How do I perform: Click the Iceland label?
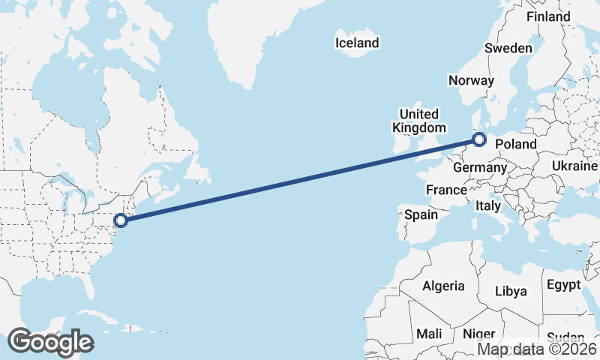tap(357, 43)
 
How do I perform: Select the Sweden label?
tap(508, 48)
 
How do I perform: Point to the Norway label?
tap(471, 80)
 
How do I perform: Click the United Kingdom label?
tap(418, 121)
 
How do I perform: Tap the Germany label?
tap(480, 167)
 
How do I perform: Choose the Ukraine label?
tap(574, 166)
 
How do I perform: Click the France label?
tap(446, 190)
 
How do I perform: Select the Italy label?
tap(488, 205)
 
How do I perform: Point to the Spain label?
tap(421, 214)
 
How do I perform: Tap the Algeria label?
tap(443, 286)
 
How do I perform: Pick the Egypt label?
tap(563, 285)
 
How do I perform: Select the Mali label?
tap(429, 334)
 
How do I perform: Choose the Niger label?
tap(478, 334)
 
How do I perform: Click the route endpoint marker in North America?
tap(121, 220)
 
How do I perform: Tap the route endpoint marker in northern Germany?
tap(479, 139)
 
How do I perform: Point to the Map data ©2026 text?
tap(537, 349)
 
